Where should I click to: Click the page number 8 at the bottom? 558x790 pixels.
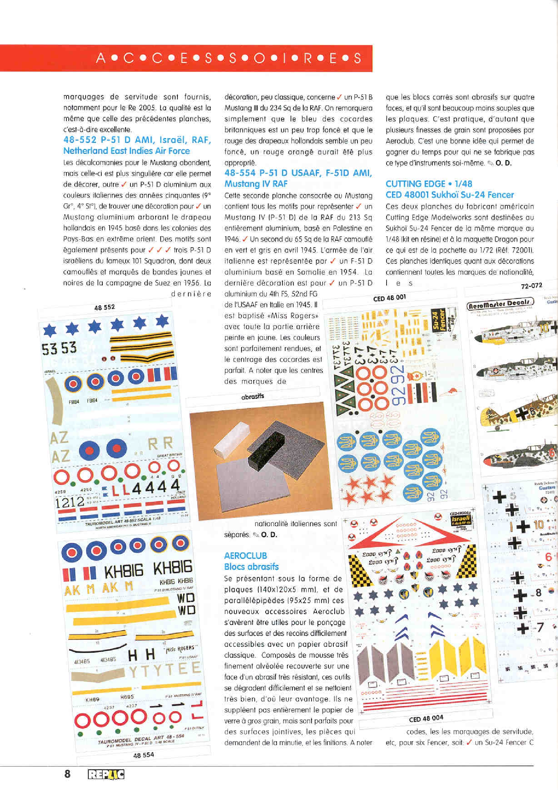[x=67, y=774]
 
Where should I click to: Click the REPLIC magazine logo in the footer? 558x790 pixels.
[x=106, y=774]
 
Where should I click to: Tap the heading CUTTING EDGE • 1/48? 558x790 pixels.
[x=428, y=184]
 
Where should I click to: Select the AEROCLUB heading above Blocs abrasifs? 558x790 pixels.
[x=245, y=555]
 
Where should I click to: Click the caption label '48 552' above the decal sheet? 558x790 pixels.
[x=104, y=307]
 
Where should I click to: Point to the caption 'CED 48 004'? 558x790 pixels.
[x=426, y=719]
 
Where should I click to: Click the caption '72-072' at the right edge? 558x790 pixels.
[x=532, y=285]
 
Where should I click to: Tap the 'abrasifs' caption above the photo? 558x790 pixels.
[x=252, y=396]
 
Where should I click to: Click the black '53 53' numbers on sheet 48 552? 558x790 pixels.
[x=59, y=349]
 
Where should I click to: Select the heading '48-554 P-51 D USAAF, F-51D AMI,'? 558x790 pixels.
[x=298, y=173]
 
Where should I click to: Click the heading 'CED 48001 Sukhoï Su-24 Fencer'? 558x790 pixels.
[x=450, y=195]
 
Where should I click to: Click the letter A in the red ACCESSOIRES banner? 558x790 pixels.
[x=100, y=58]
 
